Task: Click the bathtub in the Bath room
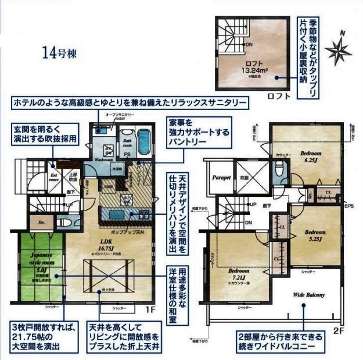click(143, 141)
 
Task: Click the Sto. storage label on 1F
click(41, 222)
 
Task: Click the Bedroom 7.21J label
click(239, 274)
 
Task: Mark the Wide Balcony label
click(308, 295)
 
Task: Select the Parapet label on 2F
click(221, 177)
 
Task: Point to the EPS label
click(348, 206)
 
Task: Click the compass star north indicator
click(338, 49)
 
